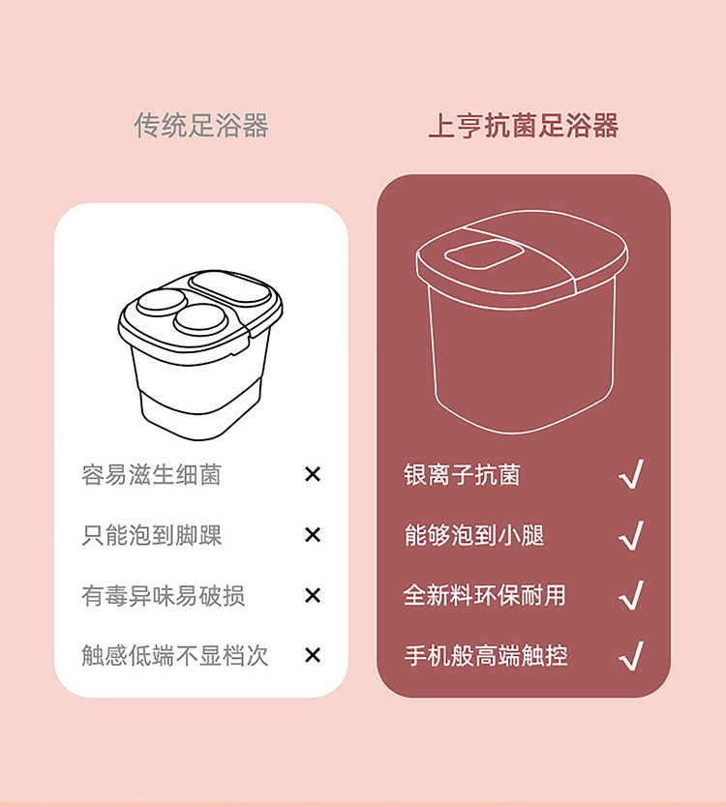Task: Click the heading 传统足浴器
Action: click(200, 126)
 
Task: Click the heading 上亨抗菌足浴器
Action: click(523, 126)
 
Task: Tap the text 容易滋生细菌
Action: click(151, 474)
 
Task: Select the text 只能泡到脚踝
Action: click(151, 535)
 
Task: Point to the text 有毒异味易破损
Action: click(164, 595)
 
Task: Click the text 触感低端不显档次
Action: click(175, 656)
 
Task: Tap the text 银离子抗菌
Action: click(462, 474)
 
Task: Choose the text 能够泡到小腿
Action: click(473, 535)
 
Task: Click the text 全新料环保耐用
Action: click(485, 595)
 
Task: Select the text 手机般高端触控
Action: click(486, 656)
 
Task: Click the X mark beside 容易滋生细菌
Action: click(313, 474)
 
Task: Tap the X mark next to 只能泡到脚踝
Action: click(313, 535)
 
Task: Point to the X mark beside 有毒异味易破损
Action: click(313, 595)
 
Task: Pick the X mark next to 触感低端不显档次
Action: click(313, 655)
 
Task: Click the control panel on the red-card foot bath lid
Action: click(483, 254)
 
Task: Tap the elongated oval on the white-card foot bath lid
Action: click(230, 288)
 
